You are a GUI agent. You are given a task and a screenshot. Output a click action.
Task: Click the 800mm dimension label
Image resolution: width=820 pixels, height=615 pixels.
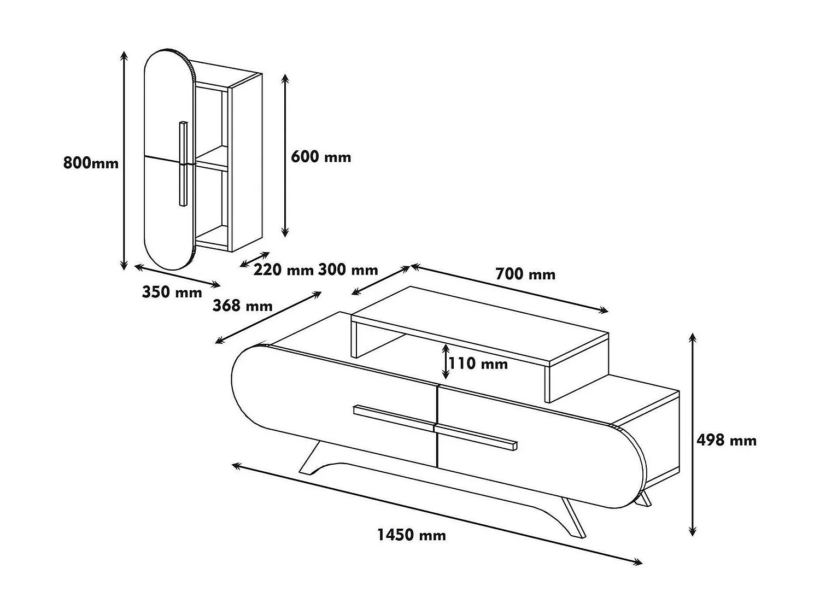(x=91, y=162)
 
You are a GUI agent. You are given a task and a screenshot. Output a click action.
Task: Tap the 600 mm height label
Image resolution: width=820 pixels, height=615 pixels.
(x=321, y=157)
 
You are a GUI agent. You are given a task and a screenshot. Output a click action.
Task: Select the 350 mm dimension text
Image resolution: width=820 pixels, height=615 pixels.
(x=172, y=292)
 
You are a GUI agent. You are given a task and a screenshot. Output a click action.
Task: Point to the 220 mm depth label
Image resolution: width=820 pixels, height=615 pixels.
(x=283, y=270)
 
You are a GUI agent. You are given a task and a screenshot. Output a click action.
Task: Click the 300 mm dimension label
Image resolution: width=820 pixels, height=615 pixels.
(x=348, y=270)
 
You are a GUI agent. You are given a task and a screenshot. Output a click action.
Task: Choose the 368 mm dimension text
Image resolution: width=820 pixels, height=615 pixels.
(x=242, y=305)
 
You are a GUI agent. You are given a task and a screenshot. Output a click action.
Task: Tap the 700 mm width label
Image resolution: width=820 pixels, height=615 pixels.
(x=525, y=274)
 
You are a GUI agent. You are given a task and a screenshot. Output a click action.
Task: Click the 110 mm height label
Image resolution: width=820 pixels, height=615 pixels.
(x=478, y=363)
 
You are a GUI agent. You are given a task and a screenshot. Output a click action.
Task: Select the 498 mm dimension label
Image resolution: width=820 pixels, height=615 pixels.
(x=727, y=440)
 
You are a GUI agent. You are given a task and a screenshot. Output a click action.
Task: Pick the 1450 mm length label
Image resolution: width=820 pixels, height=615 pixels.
(x=412, y=535)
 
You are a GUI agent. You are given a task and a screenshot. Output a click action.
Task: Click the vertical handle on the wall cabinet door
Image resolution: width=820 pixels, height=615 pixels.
(x=183, y=163)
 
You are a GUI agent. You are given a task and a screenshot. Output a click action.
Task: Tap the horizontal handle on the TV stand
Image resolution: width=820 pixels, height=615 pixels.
(x=435, y=427)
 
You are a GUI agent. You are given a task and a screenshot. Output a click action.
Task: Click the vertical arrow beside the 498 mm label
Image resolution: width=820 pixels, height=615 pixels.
(x=693, y=435)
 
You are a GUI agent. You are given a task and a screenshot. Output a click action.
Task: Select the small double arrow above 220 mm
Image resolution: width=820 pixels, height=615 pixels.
(x=255, y=260)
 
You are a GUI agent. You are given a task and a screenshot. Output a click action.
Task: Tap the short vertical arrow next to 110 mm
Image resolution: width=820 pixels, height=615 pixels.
(x=446, y=361)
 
